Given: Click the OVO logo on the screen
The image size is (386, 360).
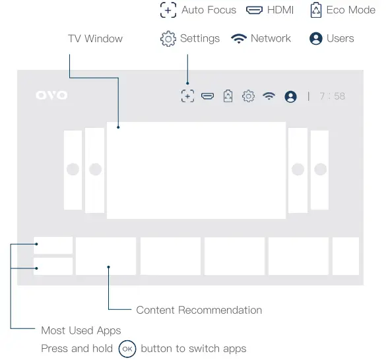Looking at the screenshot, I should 51,96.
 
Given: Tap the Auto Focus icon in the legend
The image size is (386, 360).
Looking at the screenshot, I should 168,11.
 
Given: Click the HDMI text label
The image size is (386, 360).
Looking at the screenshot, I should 280,11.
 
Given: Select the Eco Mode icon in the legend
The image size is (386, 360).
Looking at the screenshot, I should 315,11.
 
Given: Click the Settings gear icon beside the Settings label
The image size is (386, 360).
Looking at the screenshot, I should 168,39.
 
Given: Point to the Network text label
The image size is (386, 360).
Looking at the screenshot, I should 271,39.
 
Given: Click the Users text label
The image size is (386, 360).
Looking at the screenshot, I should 340,39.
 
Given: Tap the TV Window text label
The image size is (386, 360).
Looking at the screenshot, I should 95,39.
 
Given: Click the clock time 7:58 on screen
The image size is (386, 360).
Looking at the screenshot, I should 332,96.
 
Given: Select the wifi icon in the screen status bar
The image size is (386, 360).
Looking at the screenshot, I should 269,96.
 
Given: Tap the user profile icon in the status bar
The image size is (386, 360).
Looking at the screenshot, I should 290,96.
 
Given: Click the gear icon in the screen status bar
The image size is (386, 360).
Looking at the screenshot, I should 248,96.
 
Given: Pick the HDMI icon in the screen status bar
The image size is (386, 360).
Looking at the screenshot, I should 208,96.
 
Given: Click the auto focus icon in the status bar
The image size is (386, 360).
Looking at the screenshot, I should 187,96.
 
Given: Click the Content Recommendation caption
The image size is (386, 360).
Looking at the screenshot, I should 199,310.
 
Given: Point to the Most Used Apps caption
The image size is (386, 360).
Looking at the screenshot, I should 80,330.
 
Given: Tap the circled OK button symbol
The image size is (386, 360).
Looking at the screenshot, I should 127,349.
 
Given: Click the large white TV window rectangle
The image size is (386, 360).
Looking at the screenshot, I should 196,170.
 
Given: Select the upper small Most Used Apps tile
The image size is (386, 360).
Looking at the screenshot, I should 53,245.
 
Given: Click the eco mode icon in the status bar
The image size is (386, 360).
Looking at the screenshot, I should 228,96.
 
